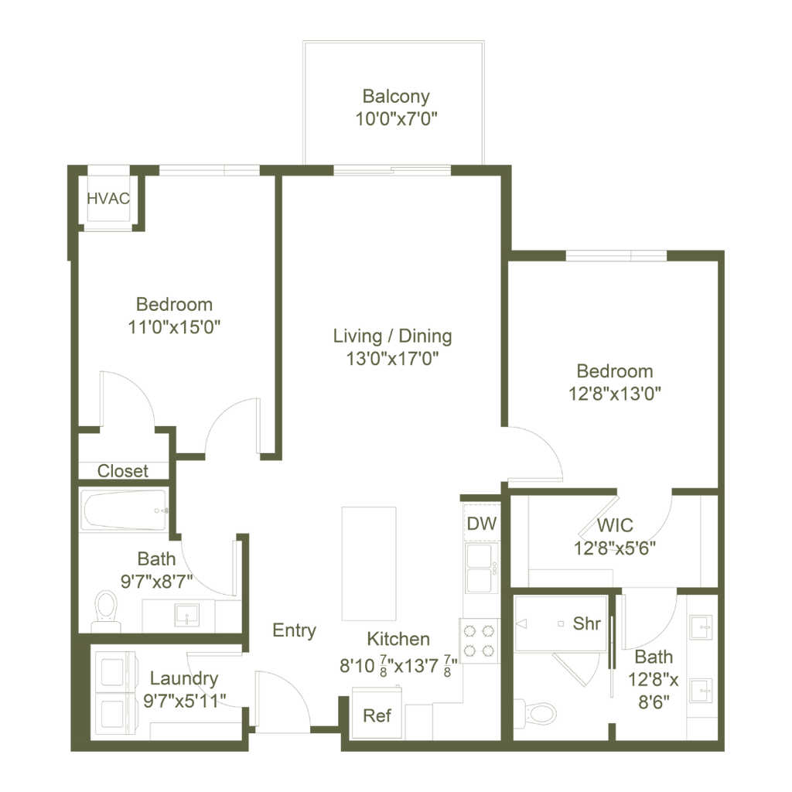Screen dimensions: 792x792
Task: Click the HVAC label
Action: (x=108, y=199)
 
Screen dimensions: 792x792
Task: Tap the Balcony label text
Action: (x=396, y=96)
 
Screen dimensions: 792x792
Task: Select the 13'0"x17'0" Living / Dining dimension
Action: (x=392, y=359)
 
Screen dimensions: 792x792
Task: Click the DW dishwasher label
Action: (x=481, y=524)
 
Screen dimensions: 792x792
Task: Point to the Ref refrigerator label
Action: (x=377, y=715)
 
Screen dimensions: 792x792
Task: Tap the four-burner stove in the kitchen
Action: (x=479, y=640)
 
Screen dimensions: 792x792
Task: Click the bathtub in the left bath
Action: (x=125, y=510)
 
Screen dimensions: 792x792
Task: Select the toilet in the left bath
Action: (x=106, y=611)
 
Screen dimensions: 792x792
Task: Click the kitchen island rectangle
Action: (x=369, y=563)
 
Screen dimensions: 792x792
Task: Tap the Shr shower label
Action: (x=586, y=623)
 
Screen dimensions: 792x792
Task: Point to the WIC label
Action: (x=615, y=525)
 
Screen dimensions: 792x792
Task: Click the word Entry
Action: (x=294, y=630)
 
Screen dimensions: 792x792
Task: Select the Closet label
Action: (x=123, y=471)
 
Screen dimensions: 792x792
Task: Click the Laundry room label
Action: (x=184, y=678)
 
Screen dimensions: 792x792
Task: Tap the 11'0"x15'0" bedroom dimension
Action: (x=174, y=327)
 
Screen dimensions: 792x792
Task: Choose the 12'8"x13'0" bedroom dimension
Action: (x=615, y=394)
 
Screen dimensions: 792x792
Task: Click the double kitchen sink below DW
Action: (x=482, y=568)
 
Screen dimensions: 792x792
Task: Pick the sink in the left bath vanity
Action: (x=187, y=615)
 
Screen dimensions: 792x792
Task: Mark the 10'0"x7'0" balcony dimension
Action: (x=396, y=118)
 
